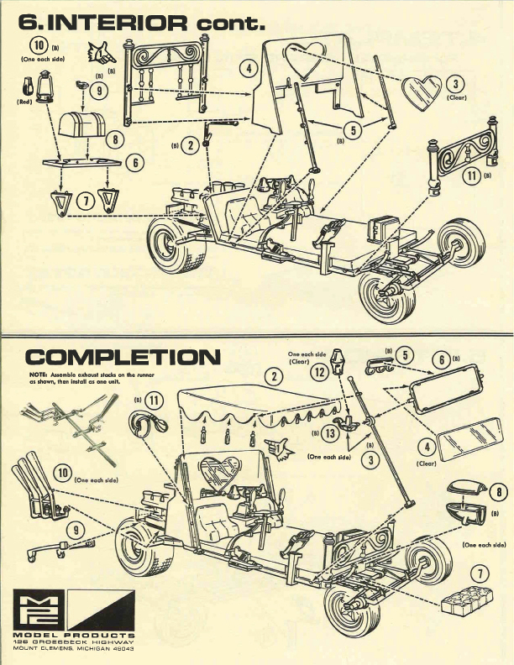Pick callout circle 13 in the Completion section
click(328, 433)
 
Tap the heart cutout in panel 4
click(301, 58)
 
